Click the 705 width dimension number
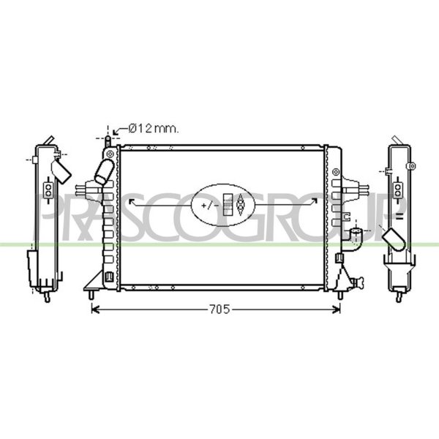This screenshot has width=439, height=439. tap(219, 309)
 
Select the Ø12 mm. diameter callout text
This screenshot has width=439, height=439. tap(154, 129)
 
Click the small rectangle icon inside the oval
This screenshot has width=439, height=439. tap(228, 205)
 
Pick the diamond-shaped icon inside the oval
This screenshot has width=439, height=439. tap(240, 205)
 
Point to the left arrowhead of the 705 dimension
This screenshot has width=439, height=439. tap(95, 309)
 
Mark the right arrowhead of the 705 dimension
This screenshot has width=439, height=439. tap(337, 309)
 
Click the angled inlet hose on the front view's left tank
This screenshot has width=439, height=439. tap(105, 172)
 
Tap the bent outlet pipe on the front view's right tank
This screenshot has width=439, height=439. tap(354, 240)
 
